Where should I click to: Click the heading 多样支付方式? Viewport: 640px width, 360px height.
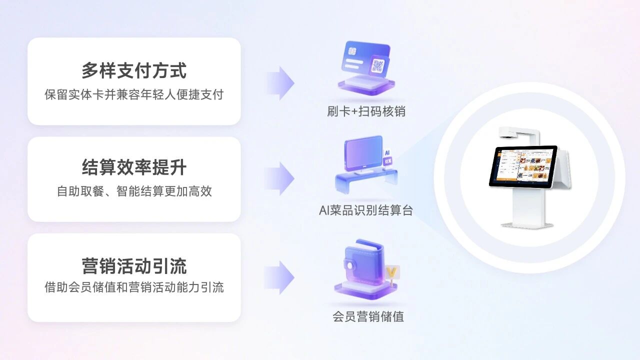(134, 70)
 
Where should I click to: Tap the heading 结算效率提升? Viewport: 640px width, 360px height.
(134, 167)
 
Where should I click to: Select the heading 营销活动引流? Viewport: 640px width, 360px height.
(134, 266)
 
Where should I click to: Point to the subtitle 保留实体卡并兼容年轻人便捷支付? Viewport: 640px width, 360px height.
(134, 94)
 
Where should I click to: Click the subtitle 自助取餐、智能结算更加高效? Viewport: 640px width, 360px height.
(134, 191)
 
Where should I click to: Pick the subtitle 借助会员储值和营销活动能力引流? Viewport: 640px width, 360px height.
(134, 287)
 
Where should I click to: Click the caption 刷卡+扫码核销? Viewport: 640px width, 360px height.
(366, 111)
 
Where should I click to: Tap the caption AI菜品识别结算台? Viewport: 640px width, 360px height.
(366, 210)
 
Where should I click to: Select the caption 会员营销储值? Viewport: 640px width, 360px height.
(368, 316)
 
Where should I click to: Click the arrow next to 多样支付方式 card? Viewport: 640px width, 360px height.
(280, 83)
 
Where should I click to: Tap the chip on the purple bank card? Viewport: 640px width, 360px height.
(352, 51)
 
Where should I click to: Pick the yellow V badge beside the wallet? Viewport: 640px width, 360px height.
(391, 273)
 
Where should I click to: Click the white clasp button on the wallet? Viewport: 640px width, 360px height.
(350, 266)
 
